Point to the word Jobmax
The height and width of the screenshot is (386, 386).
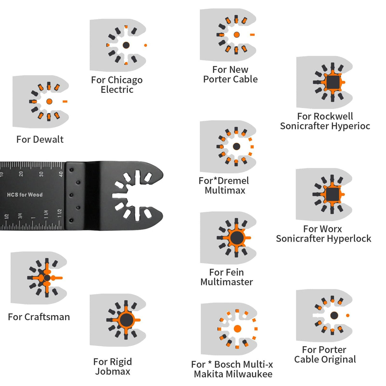pos(113,371)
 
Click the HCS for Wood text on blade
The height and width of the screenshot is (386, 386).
pos(25,195)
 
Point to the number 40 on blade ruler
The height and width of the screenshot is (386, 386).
pos(61,174)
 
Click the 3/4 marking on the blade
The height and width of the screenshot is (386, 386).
pos(20,216)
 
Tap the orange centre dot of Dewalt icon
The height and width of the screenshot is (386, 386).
pos(49,101)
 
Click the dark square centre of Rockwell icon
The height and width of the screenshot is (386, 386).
pos(333,82)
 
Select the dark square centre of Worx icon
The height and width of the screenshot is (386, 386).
pos(332,194)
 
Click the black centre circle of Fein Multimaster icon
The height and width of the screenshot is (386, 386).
pos(237,238)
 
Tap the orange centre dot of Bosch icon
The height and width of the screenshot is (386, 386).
pos(237,329)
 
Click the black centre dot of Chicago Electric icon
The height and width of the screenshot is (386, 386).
pos(126,45)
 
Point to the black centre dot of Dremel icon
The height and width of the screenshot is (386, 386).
pos(236,146)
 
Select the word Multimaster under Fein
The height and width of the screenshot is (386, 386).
pos(226,282)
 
